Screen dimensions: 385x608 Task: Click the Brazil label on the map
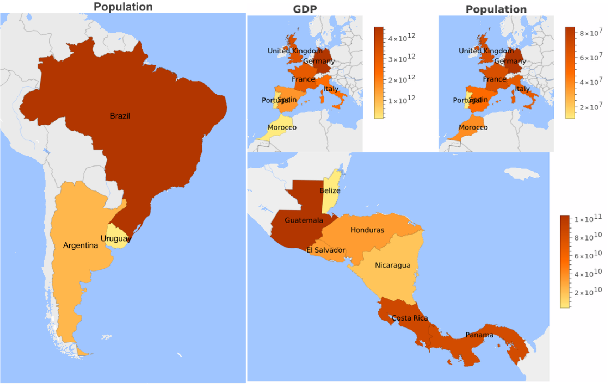click(120, 116)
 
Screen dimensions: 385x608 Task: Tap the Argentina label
click(81, 246)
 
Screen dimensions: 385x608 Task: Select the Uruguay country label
click(116, 239)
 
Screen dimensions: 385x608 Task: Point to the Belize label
click(330, 190)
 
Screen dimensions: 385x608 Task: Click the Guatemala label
click(304, 221)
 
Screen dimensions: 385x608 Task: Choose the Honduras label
click(367, 230)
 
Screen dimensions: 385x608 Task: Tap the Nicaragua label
click(392, 265)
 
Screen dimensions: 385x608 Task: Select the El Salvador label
click(325, 251)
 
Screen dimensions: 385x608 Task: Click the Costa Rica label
click(410, 318)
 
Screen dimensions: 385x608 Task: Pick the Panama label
click(479, 335)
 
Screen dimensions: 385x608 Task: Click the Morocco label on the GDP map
click(282, 127)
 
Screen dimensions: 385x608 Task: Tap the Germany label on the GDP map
click(319, 61)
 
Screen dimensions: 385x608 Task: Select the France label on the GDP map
click(303, 79)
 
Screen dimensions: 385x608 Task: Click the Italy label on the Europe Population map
click(522, 89)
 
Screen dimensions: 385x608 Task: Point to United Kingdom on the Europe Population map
click(486, 51)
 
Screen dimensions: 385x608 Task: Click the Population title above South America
click(123, 6)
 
